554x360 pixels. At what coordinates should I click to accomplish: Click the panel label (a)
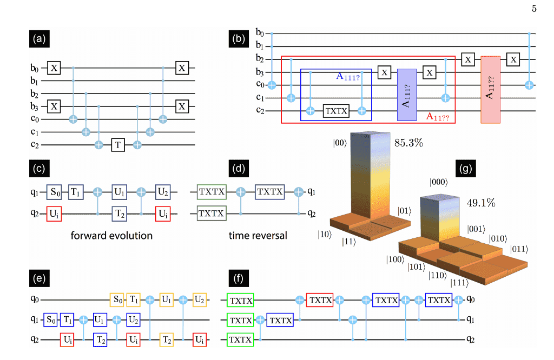click(x=39, y=38)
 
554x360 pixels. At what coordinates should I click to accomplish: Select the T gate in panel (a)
click(x=118, y=144)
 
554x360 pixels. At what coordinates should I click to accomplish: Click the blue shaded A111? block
click(x=406, y=95)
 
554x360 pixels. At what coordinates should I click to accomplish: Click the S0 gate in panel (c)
click(x=54, y=192)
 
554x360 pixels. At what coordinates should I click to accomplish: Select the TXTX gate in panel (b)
click(x=337, y=111)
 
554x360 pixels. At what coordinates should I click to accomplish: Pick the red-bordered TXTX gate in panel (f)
click(x=319, y=299)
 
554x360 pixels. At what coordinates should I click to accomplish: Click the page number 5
click(x=534, y=8)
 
